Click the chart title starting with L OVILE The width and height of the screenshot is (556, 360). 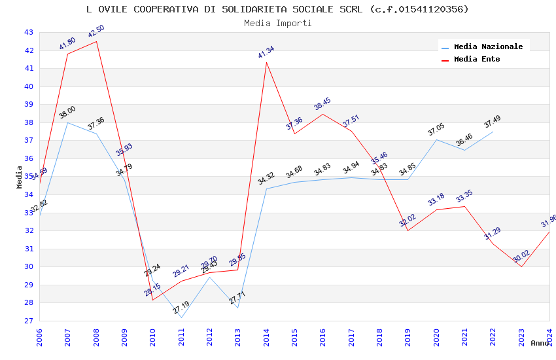tap(277, 9)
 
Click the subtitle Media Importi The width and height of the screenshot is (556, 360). tap(277, 23)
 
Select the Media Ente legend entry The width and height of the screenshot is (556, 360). tap(477, 60)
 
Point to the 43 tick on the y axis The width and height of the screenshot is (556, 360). tap(29, 33)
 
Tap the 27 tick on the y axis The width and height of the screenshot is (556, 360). tap(29, 321)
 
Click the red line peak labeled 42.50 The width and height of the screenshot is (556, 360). tap(96, 41)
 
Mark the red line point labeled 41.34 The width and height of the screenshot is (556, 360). tap(266, 62)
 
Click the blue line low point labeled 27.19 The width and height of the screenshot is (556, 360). tap(181, 317)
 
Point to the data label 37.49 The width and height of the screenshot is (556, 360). tap(492, 122)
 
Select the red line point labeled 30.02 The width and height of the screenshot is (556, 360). tap(521, 266)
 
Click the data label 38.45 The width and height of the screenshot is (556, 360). tap(322, 105)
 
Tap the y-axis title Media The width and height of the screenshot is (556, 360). tap(20, 177)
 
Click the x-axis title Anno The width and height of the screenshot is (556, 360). tap(540, 343)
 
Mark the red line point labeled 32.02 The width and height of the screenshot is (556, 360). tap(408, 230)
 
